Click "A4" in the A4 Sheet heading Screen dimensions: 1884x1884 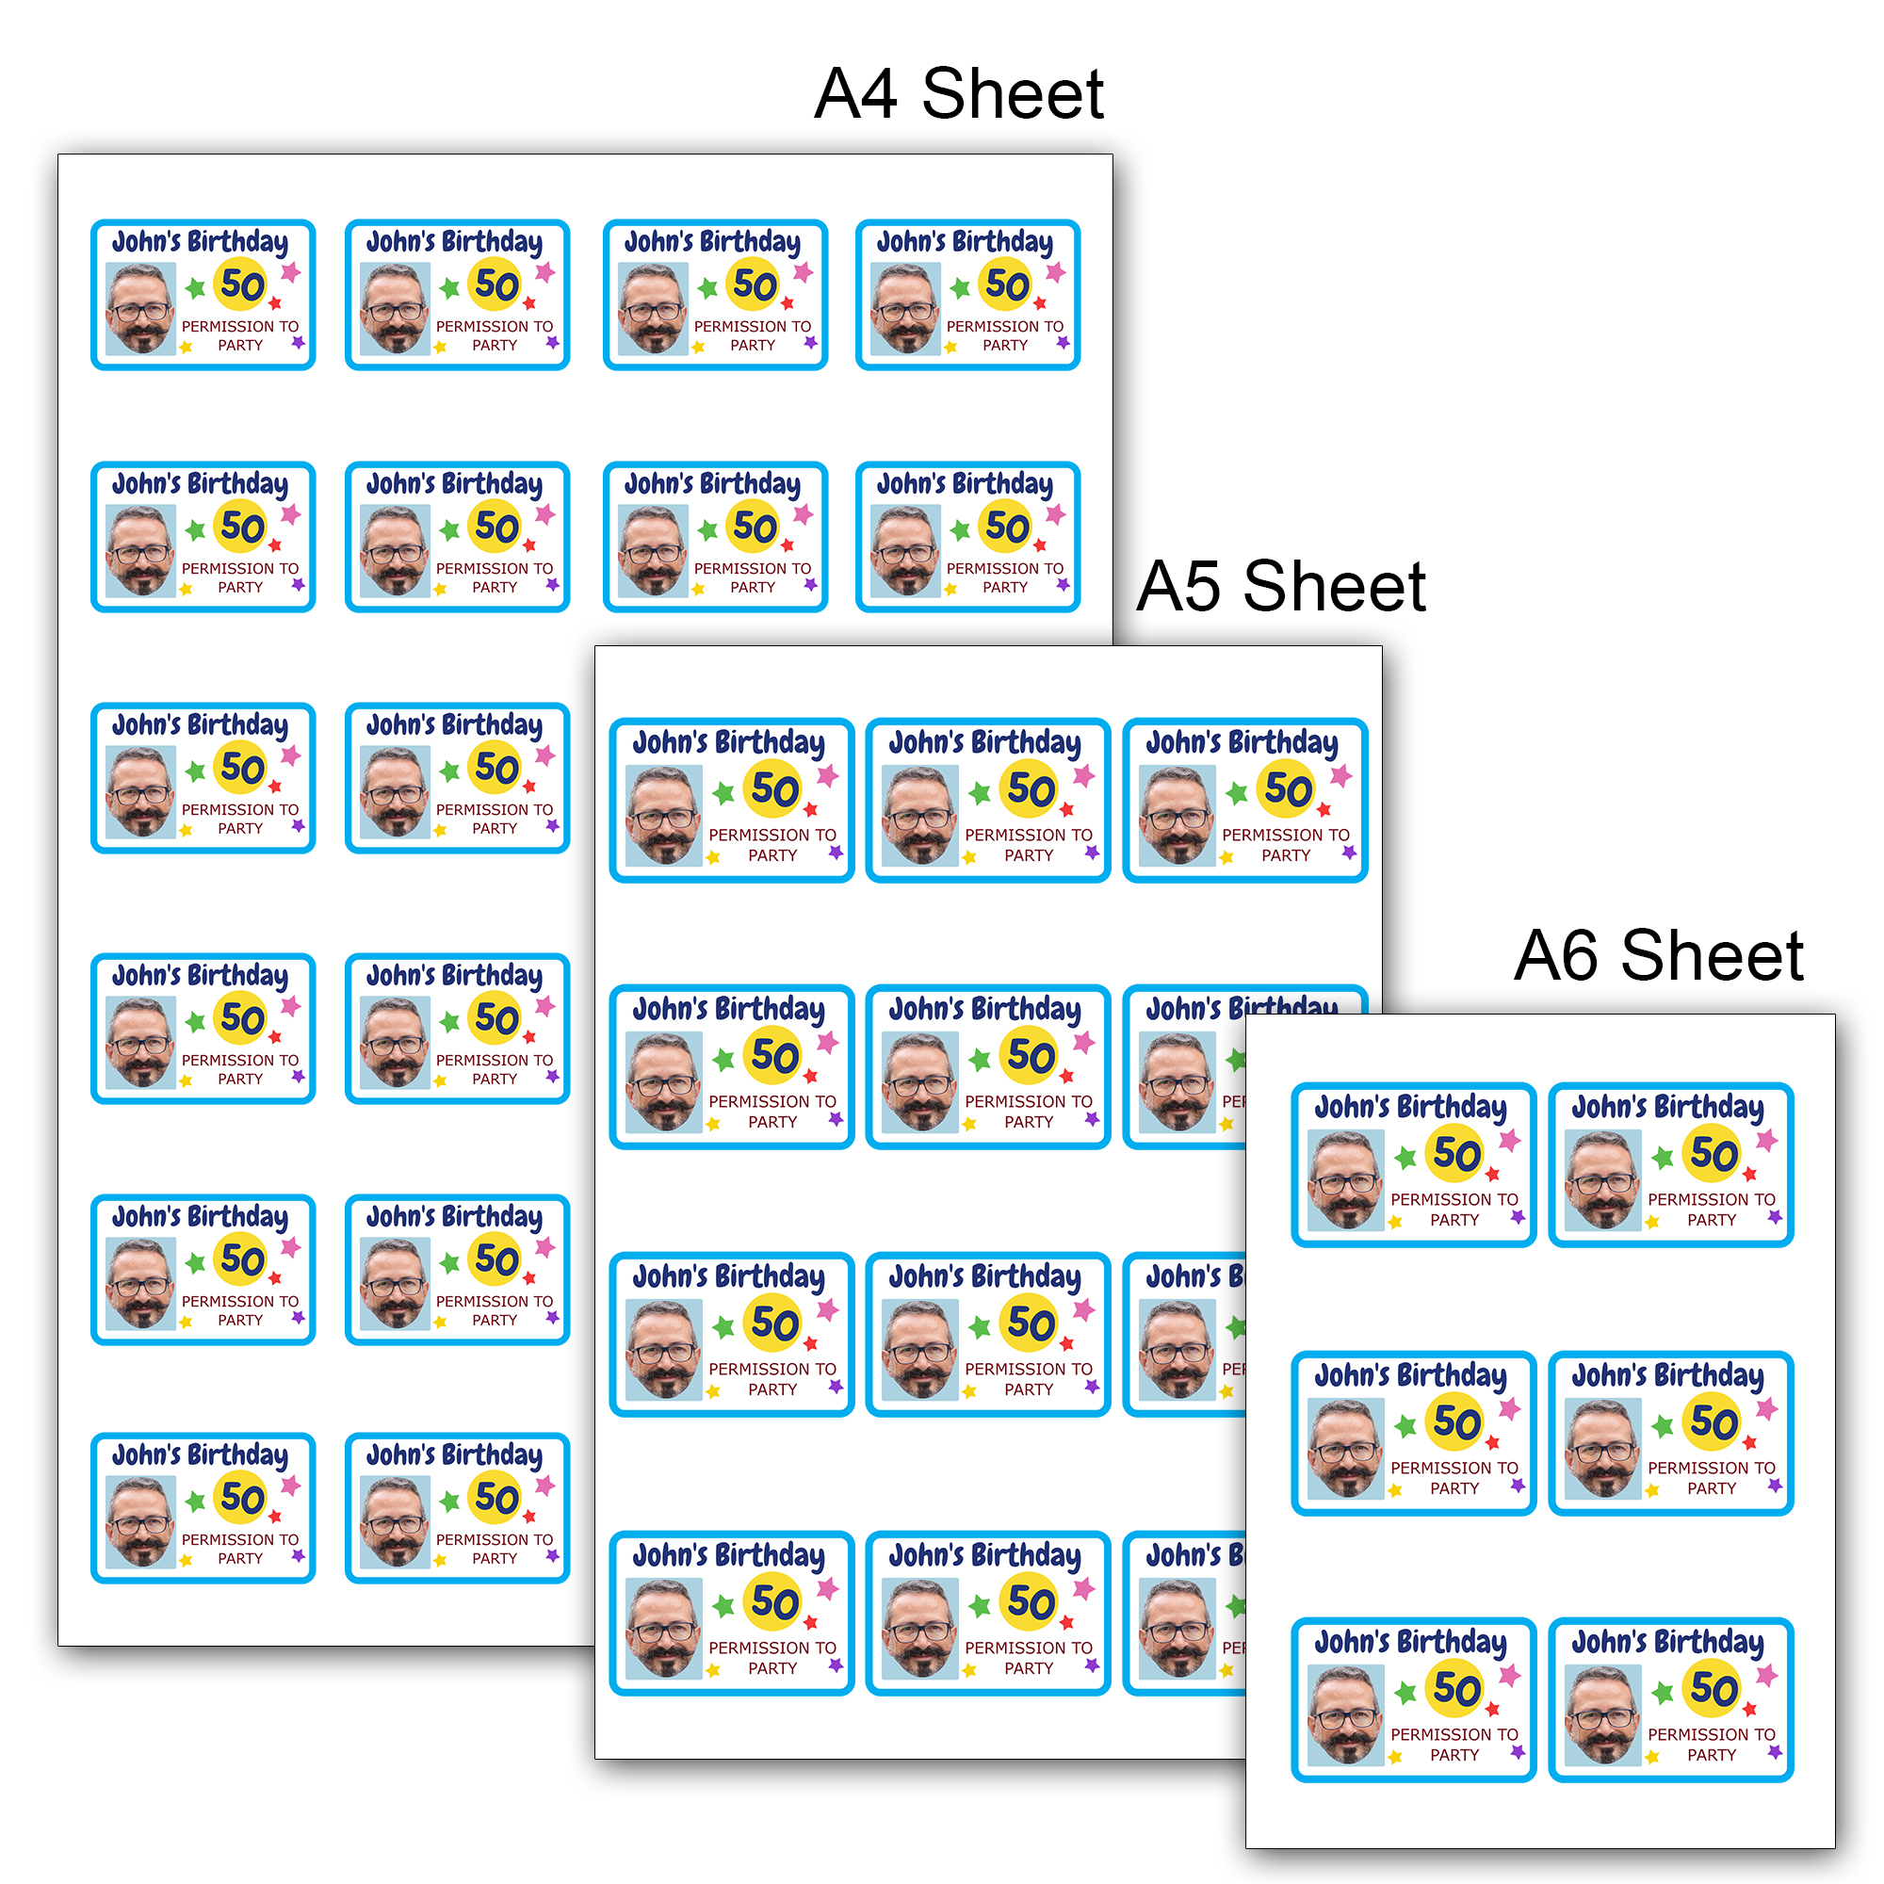click(855, 94)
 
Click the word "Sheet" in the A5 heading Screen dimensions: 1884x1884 click(1335, 587)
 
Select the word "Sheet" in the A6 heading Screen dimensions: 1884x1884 click(1713, 955)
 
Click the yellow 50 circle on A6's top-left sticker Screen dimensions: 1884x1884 click(1456, 1154)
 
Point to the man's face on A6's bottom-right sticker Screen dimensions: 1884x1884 click(1602, 1713)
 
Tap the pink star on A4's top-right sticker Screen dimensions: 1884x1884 click(1055, 272)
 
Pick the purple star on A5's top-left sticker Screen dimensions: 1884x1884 click(836, 853)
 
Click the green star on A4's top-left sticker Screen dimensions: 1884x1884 click(195, 287)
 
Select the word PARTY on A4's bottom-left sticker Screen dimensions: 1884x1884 click(240, 1558)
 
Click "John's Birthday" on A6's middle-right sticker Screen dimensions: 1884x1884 click(1667, 1375)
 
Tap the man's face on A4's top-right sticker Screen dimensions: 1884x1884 click(906, 309)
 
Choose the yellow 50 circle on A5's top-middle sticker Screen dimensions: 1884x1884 click(1030, 788)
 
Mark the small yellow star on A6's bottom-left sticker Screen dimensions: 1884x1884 click(1395, 1757)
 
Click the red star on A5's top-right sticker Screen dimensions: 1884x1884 click(1324, 809)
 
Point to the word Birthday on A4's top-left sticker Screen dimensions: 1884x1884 click(237, 242)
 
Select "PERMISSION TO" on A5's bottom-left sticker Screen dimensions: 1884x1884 click(772, 1647)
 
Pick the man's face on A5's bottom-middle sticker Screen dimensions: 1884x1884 click(919, 1628)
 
